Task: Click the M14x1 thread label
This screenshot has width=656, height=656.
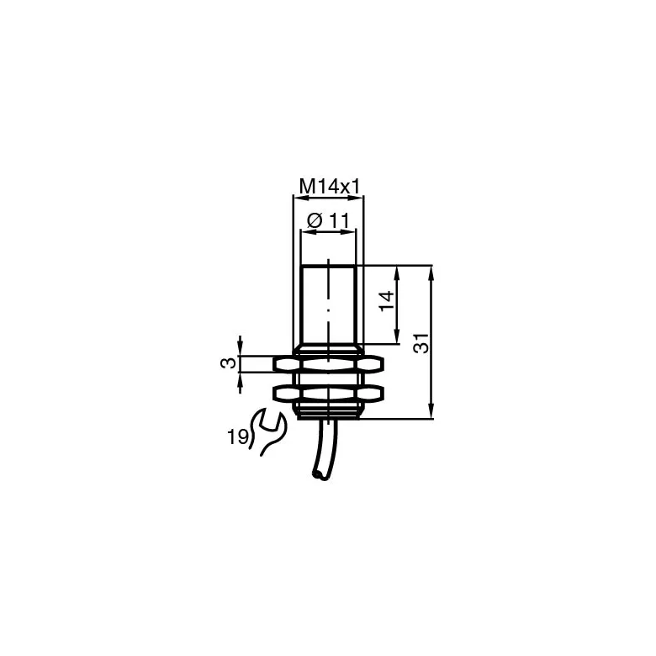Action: click(330, 187)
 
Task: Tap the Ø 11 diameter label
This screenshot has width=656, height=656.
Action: click(328, 220)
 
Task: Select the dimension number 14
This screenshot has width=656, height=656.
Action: click(387, 300)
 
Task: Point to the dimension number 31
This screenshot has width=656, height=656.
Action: click(421, 343)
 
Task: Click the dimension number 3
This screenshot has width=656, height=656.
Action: click(229, 363)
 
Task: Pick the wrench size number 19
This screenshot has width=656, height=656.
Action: click(238, 437)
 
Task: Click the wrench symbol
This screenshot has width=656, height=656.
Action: click(267, 431)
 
